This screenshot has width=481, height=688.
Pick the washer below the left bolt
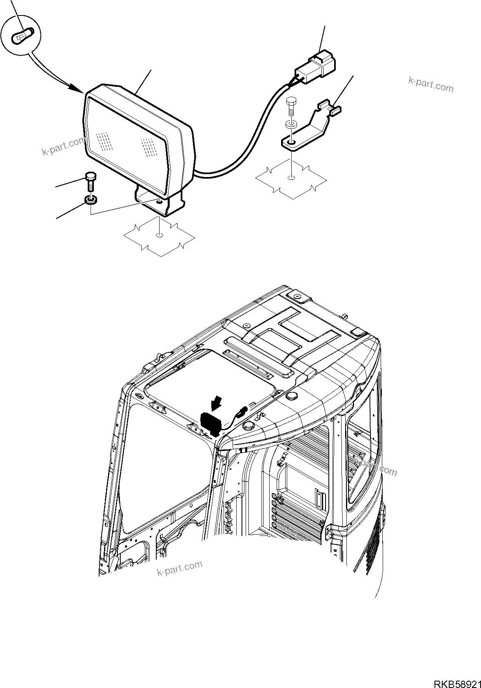pyautogui.click(x=91, y=200)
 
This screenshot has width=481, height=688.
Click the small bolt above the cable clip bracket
pyautogui.click(x=291, y=106)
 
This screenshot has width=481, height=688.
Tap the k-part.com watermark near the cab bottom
pyautogui.click(x=180, y=568)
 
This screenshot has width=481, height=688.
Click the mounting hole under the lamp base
pyautogui.click(x=159, y=235)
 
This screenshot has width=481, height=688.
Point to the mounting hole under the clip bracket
pyautogui.click(x=291, y=177)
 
